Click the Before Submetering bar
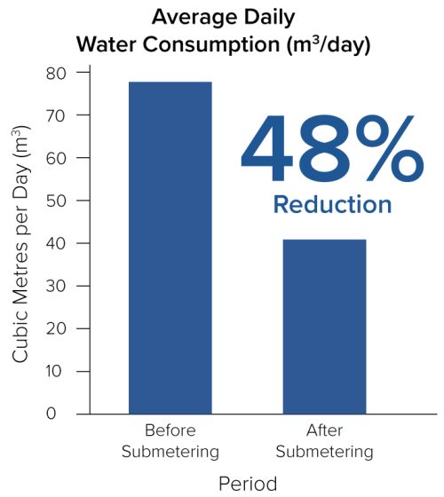coord(170,248)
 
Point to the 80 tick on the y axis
coord(56,73)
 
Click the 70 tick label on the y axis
coord(56,115)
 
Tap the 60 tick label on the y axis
coord(56,158)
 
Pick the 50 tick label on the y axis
coord(56,201)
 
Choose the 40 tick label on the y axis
coord(56,243)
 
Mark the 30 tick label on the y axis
coord(56,286)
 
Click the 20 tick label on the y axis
coord(56,328)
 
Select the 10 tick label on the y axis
coord(56,371)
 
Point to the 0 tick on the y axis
coord(61,414)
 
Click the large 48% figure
coord(331,150)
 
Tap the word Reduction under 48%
coord(331,204)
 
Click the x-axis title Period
coord(248,484)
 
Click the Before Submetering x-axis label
coord(170,442)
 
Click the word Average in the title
coord(186,17)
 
